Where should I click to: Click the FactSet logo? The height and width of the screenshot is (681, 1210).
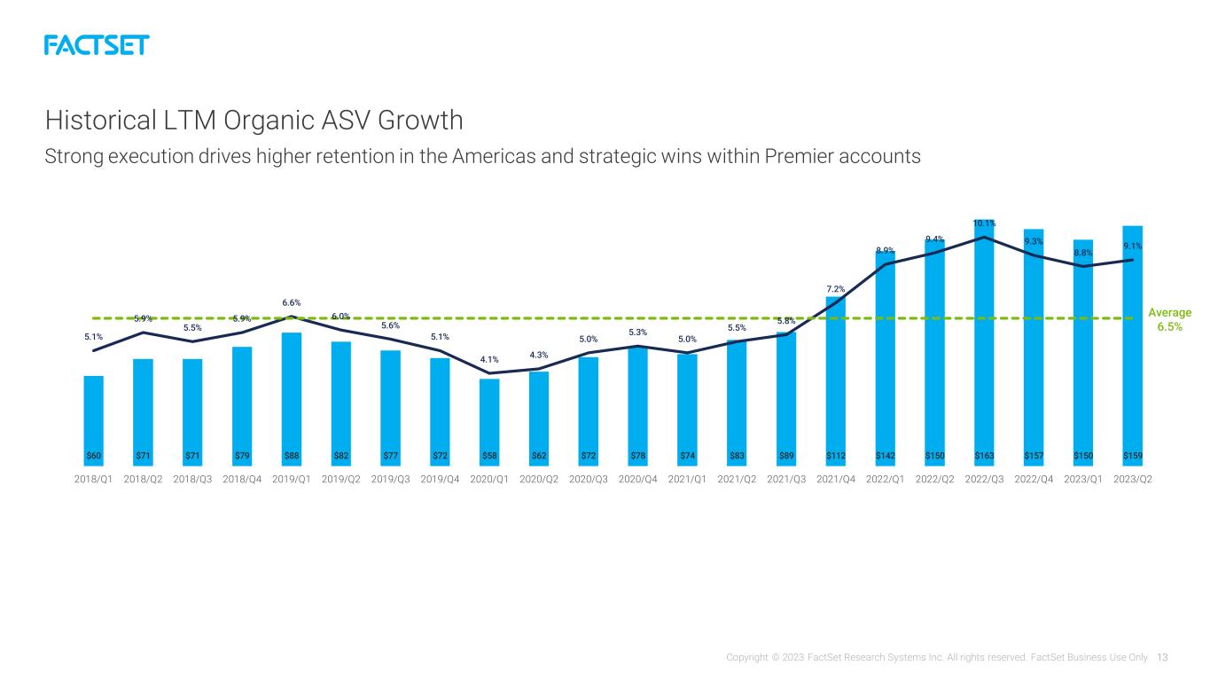[x=97, y=45]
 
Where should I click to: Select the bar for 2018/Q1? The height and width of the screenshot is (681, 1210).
[x=93, y=421]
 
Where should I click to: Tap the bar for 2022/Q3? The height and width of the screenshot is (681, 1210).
[x=984, y=342]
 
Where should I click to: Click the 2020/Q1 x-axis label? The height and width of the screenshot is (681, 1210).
[x=488, y=480]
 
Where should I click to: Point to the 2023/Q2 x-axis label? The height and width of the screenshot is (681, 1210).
[x=1133, y=480]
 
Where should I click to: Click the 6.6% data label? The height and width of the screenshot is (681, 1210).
[x=291, y=302]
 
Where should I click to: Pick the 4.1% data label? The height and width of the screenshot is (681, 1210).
[x=489, y=359]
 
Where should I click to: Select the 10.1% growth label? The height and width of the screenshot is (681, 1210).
[x=984, y=223]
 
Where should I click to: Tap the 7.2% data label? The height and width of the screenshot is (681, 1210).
[x=836, y=289]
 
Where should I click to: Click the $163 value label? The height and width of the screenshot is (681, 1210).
[x=984, y=456]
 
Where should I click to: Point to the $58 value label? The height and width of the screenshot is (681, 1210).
[x=489, y=456]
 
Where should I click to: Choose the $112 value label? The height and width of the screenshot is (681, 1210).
[x=836, y=456]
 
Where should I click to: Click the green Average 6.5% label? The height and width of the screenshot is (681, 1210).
[x=1169, y=319]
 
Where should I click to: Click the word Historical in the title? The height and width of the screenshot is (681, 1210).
[x=101, y=120]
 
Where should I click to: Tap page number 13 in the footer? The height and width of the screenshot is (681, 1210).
[x=1162, y=657]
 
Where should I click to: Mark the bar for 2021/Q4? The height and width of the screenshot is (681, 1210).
[x=836, y=381]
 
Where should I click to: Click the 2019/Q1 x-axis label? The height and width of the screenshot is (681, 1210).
[x=291, y=480]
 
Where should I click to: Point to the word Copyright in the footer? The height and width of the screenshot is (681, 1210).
[x=746, y=657]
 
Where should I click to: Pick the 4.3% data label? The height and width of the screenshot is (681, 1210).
[x=539, y=355]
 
